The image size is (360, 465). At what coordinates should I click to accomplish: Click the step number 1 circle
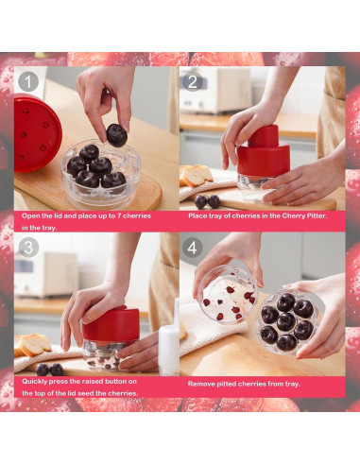pos(28,81)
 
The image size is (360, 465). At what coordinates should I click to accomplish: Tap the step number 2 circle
pos(192,81)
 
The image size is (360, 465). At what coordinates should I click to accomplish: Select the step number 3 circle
pos(28,247)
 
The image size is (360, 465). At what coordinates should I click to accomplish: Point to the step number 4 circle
pos(192,247)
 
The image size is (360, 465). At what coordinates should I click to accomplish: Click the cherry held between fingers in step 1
pos(116,135)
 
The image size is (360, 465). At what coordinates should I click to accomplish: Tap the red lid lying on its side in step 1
pos(37,133)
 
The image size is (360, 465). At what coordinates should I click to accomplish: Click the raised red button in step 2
pos(264,135)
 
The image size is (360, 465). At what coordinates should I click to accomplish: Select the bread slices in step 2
pos(196,175)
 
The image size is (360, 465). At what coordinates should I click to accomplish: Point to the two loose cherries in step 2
pos(207,201)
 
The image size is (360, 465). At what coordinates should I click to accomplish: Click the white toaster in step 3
pos(46,274)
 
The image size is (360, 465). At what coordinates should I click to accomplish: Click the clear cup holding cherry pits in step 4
pos(228,295)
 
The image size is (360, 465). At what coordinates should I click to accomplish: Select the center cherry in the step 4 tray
pos(286,321)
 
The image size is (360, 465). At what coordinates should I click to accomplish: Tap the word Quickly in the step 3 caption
pos(33,382)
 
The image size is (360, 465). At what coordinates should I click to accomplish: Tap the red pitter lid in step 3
pos(111,325)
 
